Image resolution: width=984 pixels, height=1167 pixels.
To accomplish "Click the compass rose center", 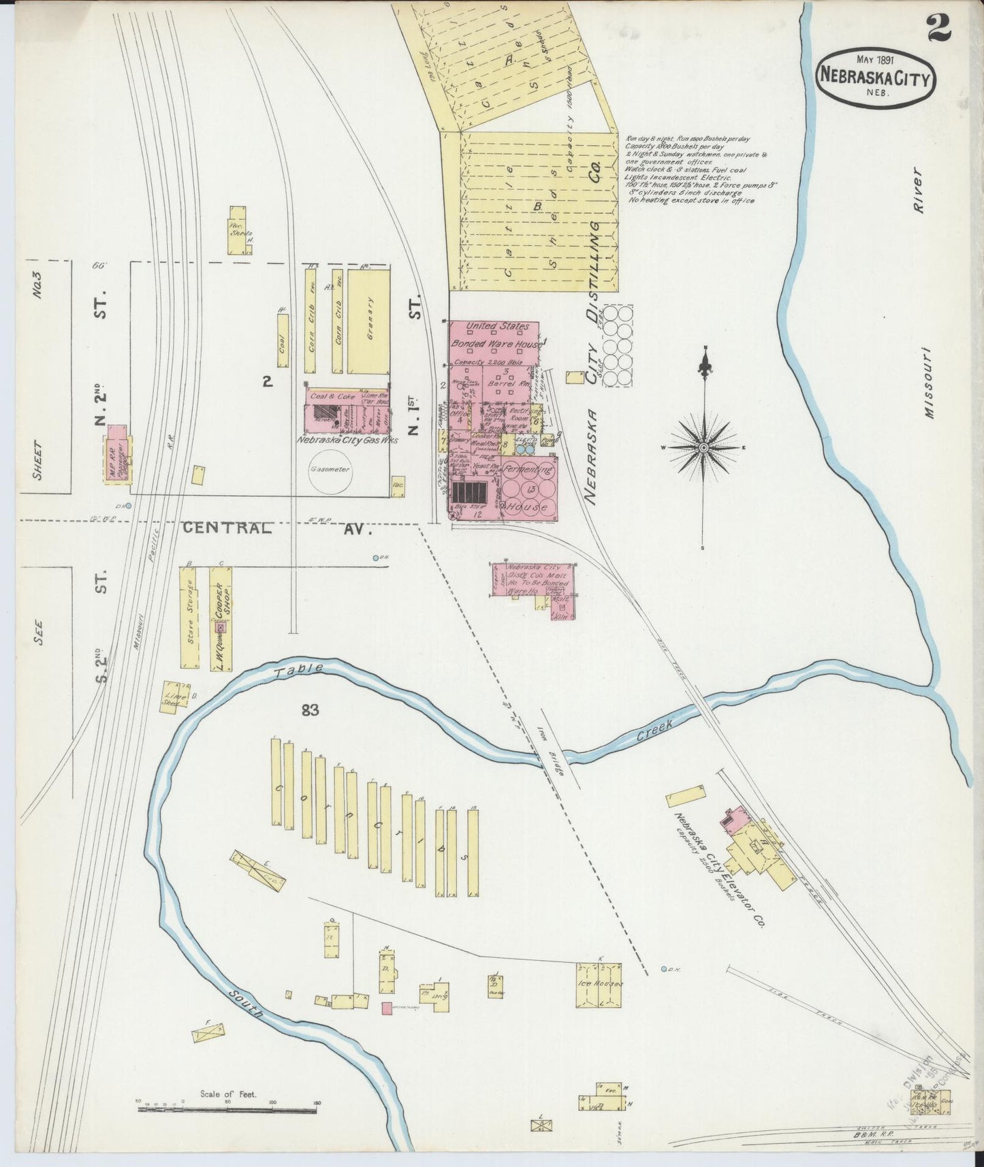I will [x=704, y=447].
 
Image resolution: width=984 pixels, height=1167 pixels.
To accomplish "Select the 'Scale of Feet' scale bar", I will [x=227, y=1110].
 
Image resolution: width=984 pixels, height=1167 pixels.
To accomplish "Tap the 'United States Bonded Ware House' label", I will [x=495, y=336].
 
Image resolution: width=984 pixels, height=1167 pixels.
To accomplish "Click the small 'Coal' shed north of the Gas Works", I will [x=283, y=345].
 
